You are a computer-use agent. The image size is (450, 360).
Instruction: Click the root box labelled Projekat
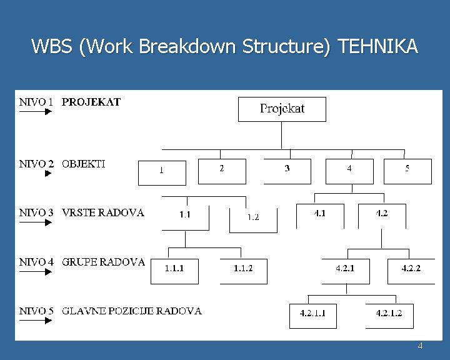tap(282, 109)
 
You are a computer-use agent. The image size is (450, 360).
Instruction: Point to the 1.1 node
tap(185, 216)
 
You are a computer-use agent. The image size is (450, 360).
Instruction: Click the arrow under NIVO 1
tap(35, 112)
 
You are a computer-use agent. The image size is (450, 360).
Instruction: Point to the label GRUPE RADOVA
tap(103, 262)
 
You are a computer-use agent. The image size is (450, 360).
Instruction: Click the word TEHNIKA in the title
tap(377, 47)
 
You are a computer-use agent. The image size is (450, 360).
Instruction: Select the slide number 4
tap(420, 346)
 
